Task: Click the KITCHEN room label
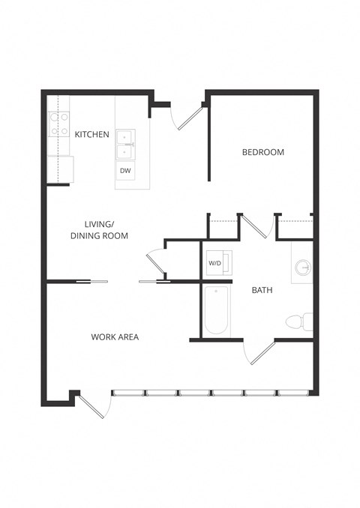[x=92, y=135]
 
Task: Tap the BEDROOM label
[x=262, y=152]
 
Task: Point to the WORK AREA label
[x=115, y=336]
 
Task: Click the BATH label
[x=262, y=289]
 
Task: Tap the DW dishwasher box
[x=125, y=171]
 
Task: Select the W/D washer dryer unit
[x=216, y=263]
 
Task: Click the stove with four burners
[x=59, y=124]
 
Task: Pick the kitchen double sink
[x=124, y=145]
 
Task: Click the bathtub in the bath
[x=217, y=311]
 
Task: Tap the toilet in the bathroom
[x=298, y=322]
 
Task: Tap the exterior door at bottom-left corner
[x=95, y=405]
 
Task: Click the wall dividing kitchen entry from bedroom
[x=208, y=139]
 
